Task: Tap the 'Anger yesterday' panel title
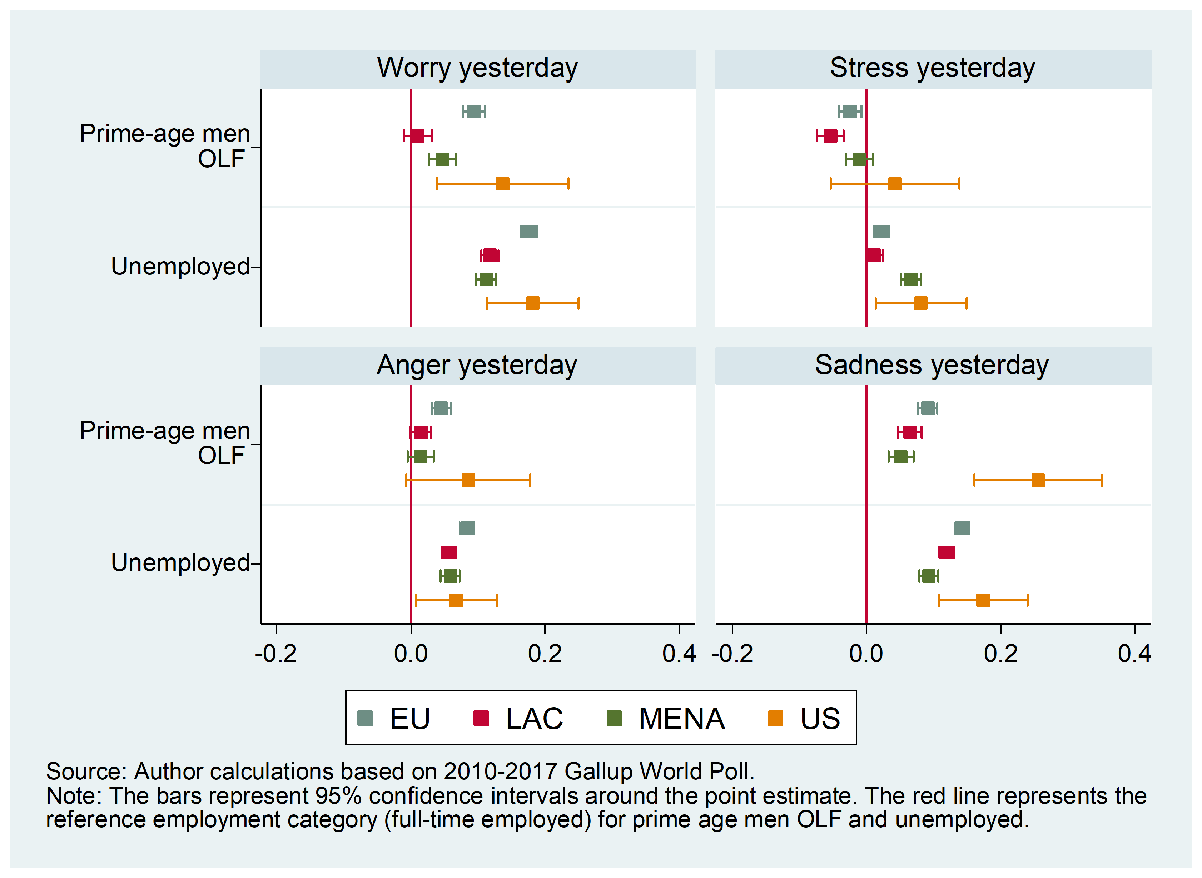click(477, 366)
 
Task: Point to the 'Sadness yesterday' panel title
click(932, 366)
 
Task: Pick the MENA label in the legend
click(682, 719)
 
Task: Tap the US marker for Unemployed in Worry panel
click(532, 303)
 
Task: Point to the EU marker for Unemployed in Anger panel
click(467, 528)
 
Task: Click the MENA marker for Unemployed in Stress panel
click(911, 279)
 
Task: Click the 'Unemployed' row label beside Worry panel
click(180, 266)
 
